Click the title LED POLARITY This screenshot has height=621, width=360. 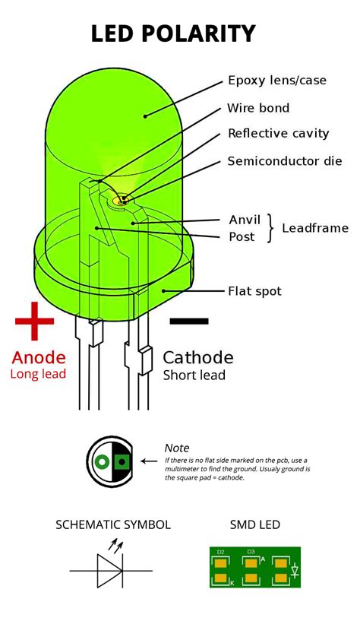[x=173, y=33]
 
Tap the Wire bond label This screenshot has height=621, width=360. [x=258, y=108]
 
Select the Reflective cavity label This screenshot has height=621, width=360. [x=279, y=134]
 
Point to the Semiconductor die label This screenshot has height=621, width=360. [x=285, y=161]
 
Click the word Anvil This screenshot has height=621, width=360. [x=245, y=220]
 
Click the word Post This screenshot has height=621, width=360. [x=242, y=236]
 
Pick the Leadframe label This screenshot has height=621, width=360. [x=315, y=228]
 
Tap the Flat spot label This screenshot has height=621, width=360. [x=255, y=291]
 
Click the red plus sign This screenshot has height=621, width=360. [x=35, y=320]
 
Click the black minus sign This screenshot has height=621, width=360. [x=188, y=321]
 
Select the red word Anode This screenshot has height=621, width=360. [x=39, y=356]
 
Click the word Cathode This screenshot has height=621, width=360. [x=198, y=357]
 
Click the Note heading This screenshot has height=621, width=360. [x=177, y=448]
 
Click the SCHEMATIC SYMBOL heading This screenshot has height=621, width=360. [x=113, y=524]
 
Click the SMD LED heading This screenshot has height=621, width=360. [x=255, y=524]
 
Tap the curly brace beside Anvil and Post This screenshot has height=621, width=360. [x=270, y=228]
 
